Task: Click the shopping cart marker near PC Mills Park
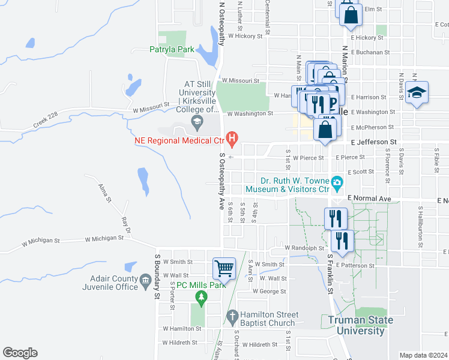pyautogui.click(x=224, y=268)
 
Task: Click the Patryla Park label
pyautogui.click(x=172, y=50)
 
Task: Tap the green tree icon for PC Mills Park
pyautogui.click(x=202, y=296)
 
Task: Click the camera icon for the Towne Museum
pyautogui.click(x=337, y=181)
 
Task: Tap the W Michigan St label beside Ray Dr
pyautogui.click(x=104, y=238)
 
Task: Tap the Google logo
pyautogui.click(x=20, y=353)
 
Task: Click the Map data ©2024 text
pyautogui.click(x=423, y=355)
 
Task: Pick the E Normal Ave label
pyautogui.click(x=370, y=199)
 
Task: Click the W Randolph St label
pyautogui.click(x=304, y=247)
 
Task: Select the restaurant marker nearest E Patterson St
pyautogui.click(x=342, y=241)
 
